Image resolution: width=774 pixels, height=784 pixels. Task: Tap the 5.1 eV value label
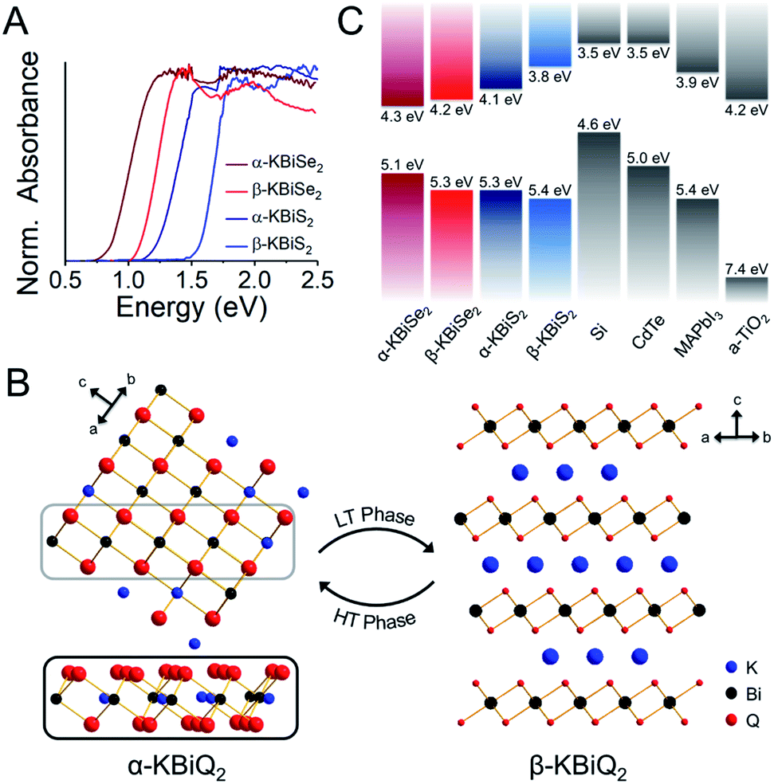(401, 166)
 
